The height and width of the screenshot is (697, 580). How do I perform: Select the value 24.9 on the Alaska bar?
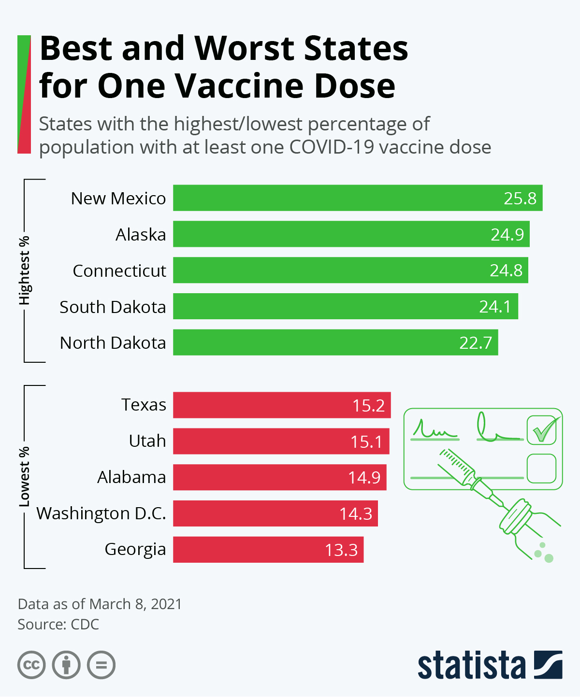(507, 235)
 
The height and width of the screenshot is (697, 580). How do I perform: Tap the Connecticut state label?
(119, 271)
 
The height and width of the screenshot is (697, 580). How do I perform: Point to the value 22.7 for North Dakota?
(476, 343)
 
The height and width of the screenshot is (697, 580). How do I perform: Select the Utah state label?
(147, 441)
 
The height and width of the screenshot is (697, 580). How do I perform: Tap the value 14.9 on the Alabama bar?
(364, 478)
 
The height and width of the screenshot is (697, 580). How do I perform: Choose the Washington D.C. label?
(101, 513)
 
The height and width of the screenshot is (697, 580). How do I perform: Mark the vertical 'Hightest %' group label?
(24, 270)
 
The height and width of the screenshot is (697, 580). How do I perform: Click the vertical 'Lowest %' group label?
(24, 477)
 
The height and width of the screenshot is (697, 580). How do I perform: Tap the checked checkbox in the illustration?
(541, 430)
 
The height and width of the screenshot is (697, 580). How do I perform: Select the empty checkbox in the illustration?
(541, 468)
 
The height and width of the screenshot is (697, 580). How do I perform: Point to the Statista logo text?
(471, 666)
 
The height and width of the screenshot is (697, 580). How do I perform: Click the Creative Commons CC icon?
(32, 665)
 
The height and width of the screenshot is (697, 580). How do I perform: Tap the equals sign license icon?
(101, 665)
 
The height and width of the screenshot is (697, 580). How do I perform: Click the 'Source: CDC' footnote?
(58, 624)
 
